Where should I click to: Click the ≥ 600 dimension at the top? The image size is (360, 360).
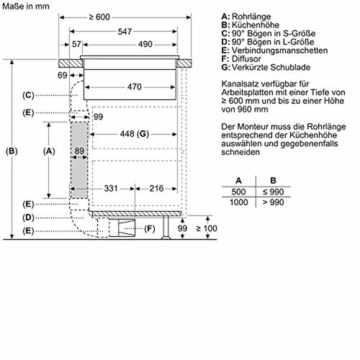pos(99,17)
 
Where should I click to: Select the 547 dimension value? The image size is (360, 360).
pos(125,32)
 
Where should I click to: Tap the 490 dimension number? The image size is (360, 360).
pos(145,44)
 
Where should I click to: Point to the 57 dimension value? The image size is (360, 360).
pos(76,44)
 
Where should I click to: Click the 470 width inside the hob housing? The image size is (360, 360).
pos(135,87)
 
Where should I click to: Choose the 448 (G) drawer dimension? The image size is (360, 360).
pos(135,134)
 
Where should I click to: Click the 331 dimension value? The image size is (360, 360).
pos(111,189)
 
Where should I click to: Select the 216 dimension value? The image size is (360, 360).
pos(156,189)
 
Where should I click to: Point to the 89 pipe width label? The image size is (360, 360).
pos(79,151)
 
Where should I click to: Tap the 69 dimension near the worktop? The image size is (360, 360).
pos(63,76)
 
